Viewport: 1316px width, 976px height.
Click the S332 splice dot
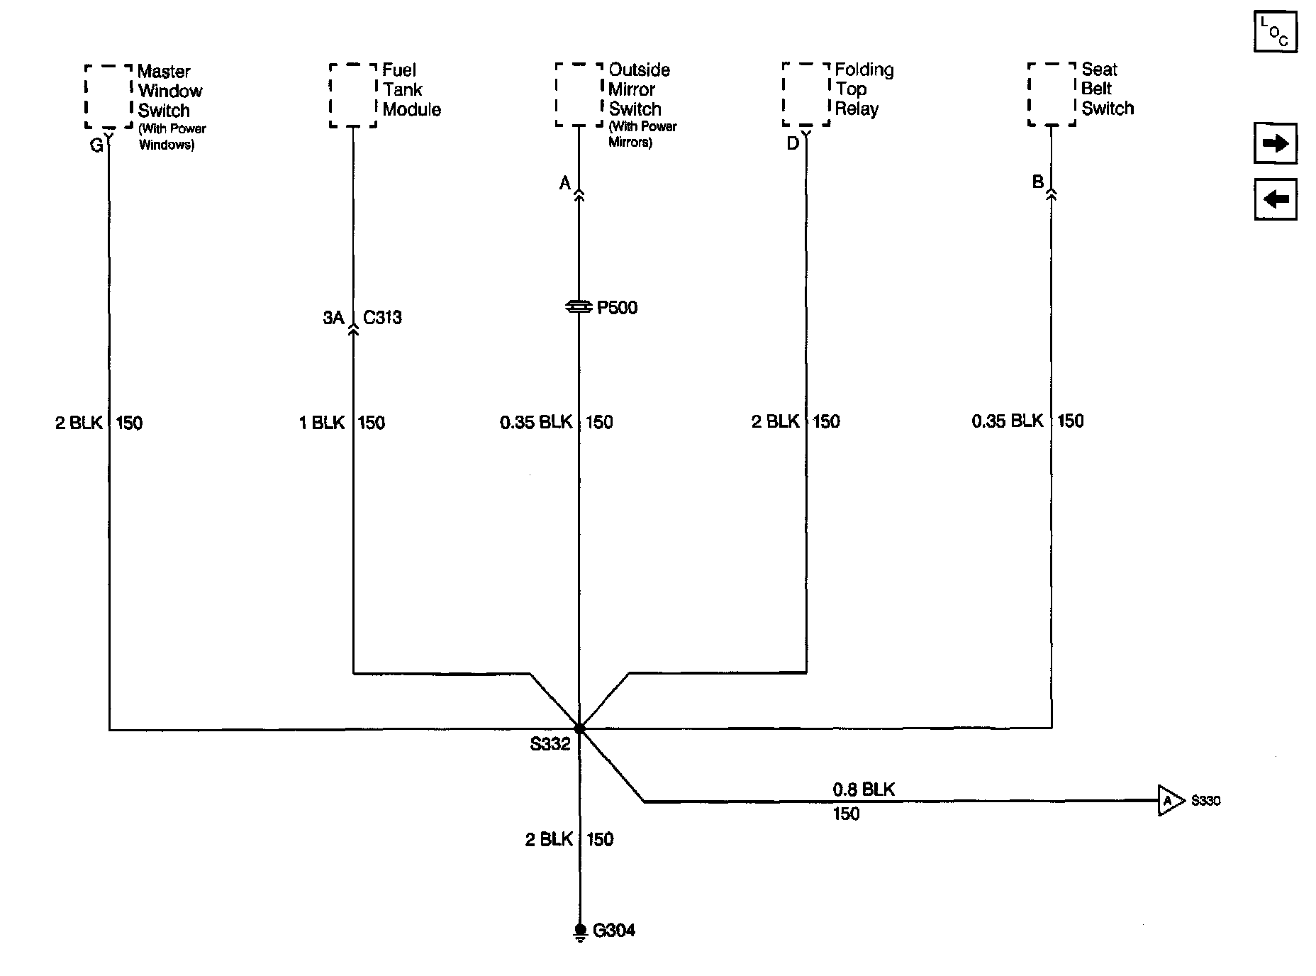[579, 728]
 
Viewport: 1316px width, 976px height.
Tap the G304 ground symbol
[580, 931]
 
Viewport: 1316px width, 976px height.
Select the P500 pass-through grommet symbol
[579, 306]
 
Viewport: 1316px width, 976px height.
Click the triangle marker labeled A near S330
[1169, 801]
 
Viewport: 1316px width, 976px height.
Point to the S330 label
[1205, 801]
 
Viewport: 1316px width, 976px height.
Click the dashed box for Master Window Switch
[108, 96]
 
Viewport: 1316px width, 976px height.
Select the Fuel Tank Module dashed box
[353, 95]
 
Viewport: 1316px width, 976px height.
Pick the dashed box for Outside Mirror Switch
[579, 94]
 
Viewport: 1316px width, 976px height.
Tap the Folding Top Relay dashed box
[806, 94]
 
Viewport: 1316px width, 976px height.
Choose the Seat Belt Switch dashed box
[1052, 94]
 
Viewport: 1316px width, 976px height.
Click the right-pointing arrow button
[1275, 144]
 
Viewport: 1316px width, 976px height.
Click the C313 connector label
[382, 317]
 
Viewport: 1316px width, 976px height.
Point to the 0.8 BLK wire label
[864, 789]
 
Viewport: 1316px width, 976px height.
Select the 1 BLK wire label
[321, 423]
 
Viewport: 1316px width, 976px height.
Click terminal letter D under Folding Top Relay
[793, 144]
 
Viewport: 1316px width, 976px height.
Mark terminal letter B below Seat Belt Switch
[1038, 182]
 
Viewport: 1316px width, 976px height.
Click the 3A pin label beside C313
[333, 317]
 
